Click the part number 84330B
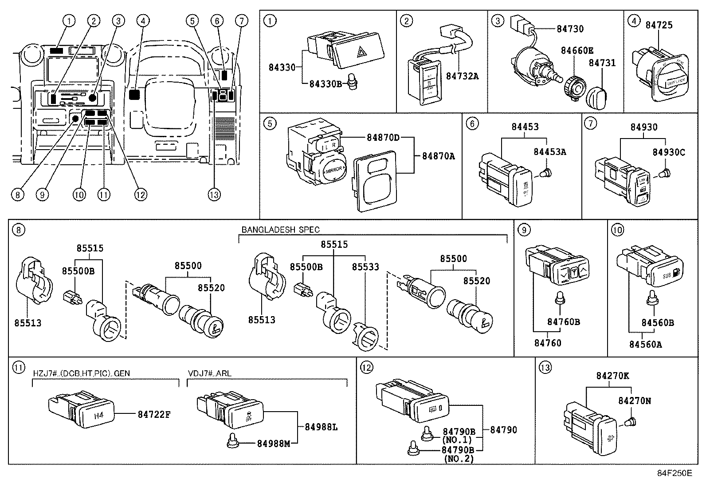[x=326, y=83]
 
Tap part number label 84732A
[x=462, y=76]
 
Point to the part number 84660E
[x=577, y=50]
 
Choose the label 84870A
[x=438, y=156]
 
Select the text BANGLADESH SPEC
[x=280, y=230]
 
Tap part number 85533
[x=365, y=267]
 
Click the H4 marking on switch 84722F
[x=99, y=416]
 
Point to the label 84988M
[x=274, y=443]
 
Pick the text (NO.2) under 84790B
[x=459, y=459]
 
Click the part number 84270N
[x=635, y=401]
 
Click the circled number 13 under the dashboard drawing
[x=214, y=194]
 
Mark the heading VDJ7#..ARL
[x=209, y=373]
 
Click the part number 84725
[x=659, y=25]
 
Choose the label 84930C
[x=669, y=152]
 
